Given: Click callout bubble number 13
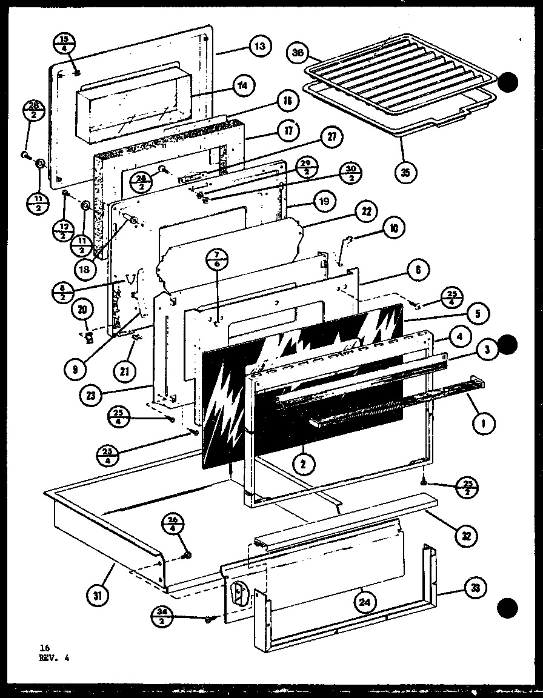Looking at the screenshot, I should pos(259,47).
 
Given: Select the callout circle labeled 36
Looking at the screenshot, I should pos(298,53).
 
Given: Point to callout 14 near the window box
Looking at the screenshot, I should pos(242,85).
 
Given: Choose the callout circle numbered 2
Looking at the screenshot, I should pos(302,464).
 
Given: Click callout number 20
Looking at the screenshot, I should pos(82,310).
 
